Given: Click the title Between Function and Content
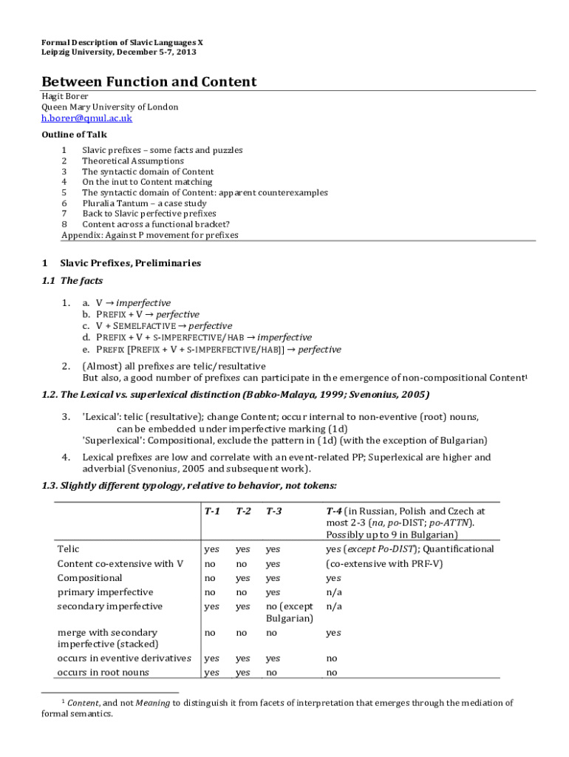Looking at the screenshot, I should (x=149, y=82).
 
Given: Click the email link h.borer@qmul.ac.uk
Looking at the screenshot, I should (x=86, y=118).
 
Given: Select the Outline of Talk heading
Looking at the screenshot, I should (x=74, y=135).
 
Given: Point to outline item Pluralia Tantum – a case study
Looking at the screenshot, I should (x=144, y=203).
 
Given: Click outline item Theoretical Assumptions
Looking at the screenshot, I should (x=133, y=160).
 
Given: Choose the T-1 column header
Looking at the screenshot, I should (x=212, y=511).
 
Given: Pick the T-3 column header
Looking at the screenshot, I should (x=273, y=511).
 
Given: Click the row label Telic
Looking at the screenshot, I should (x=68, y=549).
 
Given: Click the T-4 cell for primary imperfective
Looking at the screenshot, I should (x=333, y=592).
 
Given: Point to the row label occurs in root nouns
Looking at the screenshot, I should (x=103, y=672).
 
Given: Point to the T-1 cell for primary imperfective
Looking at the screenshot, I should (x=210, y=592).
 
